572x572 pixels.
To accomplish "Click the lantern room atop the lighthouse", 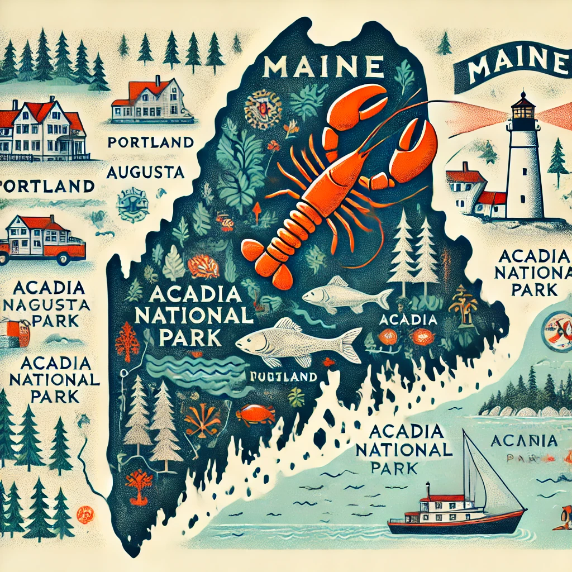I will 523,108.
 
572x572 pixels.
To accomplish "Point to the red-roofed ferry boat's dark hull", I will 452,525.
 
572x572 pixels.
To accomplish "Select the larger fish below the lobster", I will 299,341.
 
